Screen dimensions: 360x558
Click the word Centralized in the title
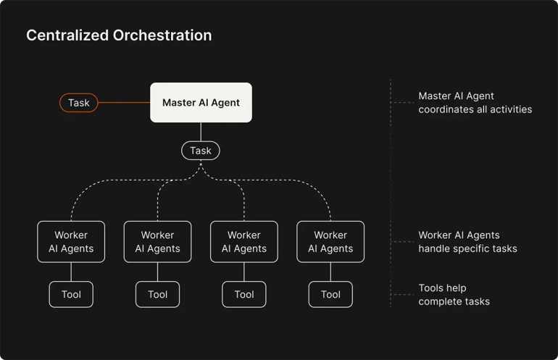click(67, 35)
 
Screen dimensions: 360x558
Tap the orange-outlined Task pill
click(78, 103)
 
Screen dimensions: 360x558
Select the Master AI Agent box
click(201, 103)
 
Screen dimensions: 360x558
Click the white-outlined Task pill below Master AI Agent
click(200, 151)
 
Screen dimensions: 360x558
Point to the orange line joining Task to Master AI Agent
click(124, 103)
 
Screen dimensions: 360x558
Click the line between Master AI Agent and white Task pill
click(201, 132)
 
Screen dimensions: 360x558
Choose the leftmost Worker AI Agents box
click(71, 242)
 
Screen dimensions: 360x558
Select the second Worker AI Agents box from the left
click(157, 242)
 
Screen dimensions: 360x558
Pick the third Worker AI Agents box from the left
click(244, 242)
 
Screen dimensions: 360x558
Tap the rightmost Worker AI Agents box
click(330, 242)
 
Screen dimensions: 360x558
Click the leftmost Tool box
click(71, 294)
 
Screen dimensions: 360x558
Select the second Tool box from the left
click(157, 294)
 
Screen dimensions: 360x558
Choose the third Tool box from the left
click(244, 294)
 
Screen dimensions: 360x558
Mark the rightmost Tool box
click(330, 294)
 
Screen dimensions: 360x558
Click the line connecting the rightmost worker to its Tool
click(330, 272)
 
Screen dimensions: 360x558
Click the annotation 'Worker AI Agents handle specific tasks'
click(467, 242)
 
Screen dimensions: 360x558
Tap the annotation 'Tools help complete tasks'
click(454, 294)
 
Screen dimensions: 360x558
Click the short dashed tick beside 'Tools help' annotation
click(402, 294)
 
